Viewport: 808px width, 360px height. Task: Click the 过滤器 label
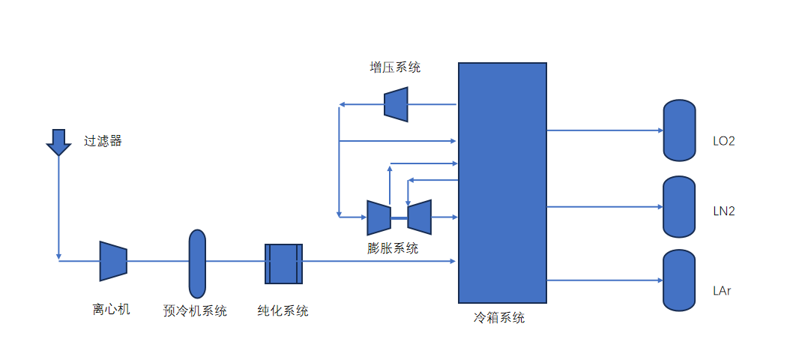pyautogui.click(x=103, y=140)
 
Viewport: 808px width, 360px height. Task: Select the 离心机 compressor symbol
pyautogui.click(x=112, y=261)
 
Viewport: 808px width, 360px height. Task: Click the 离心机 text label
pyautogui.click(x=112, y=309)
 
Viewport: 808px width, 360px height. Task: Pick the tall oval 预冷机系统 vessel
pyautogui.click(x=197, y=263)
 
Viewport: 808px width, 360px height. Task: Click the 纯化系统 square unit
pyautogui.click(x=283, y=263)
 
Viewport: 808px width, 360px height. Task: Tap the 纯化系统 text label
pyautogui.click(x=283, y=310)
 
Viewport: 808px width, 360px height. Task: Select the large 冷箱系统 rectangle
pyautogui.click(x=502, y=182)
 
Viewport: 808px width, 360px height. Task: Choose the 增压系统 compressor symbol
pyautogui.click(x=396, y=104)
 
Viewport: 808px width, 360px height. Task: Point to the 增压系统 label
pyautogui.click(x=395, y=67)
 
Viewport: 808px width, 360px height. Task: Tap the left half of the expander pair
pyautogui.click(x=379, y=217)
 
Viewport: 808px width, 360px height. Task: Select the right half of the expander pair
pyautogui.click(x=419, y=217)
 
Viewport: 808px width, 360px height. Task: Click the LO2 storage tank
pyautogui.click(x=680, y=130)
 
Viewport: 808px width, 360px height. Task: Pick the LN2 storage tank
pyautogui.click(x=680, y=207)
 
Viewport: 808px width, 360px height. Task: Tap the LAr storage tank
pyautogui.click(x=680, y=280)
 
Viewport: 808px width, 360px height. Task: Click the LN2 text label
pyautogui.click(x=724, y=211)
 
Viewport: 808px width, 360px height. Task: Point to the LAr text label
pyautogui.click(x=722, y=290)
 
